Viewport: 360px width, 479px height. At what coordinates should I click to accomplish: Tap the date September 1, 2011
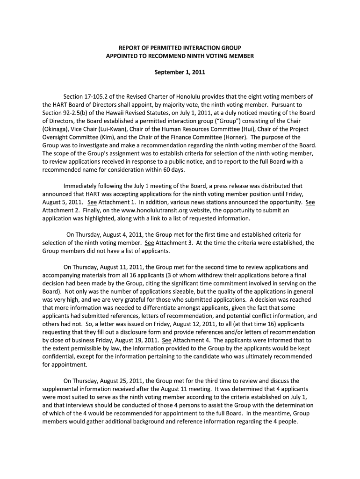pyautogui.click(x=180, y=73)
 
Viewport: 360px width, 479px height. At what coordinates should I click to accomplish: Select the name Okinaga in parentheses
pyautogui.click(x=56, y=129)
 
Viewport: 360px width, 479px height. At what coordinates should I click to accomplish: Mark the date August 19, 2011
pyautogui.click(x=135, y=340)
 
